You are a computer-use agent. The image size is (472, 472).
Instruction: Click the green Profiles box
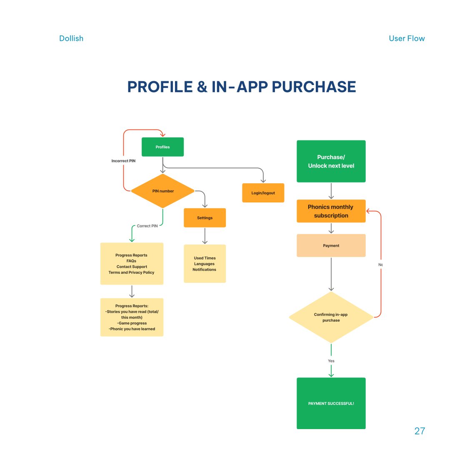162,147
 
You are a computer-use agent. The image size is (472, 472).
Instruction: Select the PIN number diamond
162,191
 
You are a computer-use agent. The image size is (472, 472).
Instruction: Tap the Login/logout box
263,193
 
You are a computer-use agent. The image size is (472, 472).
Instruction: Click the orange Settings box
205,217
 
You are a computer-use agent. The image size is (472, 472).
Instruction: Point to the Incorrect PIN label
123,161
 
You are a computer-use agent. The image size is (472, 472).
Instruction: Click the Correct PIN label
147,226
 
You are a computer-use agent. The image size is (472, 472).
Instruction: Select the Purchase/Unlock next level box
331,161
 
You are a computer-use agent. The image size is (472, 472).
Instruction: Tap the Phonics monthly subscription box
331,211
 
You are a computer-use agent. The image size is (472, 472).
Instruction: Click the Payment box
331,246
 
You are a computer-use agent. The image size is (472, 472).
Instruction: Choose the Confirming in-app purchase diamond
331,317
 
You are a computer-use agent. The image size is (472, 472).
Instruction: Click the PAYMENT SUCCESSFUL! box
331,403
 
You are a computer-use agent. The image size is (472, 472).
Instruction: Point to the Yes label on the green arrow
331,361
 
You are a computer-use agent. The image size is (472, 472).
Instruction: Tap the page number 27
420,431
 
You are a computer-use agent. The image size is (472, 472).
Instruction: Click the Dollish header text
71,38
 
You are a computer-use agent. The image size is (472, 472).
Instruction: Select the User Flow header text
407,38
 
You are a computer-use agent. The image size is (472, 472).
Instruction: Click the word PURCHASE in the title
314,87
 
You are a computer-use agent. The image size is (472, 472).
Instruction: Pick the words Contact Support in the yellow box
132,267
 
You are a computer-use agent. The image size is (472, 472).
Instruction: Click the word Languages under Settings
205,264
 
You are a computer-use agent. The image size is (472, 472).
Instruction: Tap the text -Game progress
132,323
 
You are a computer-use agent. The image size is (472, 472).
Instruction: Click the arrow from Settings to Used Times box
205,236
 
